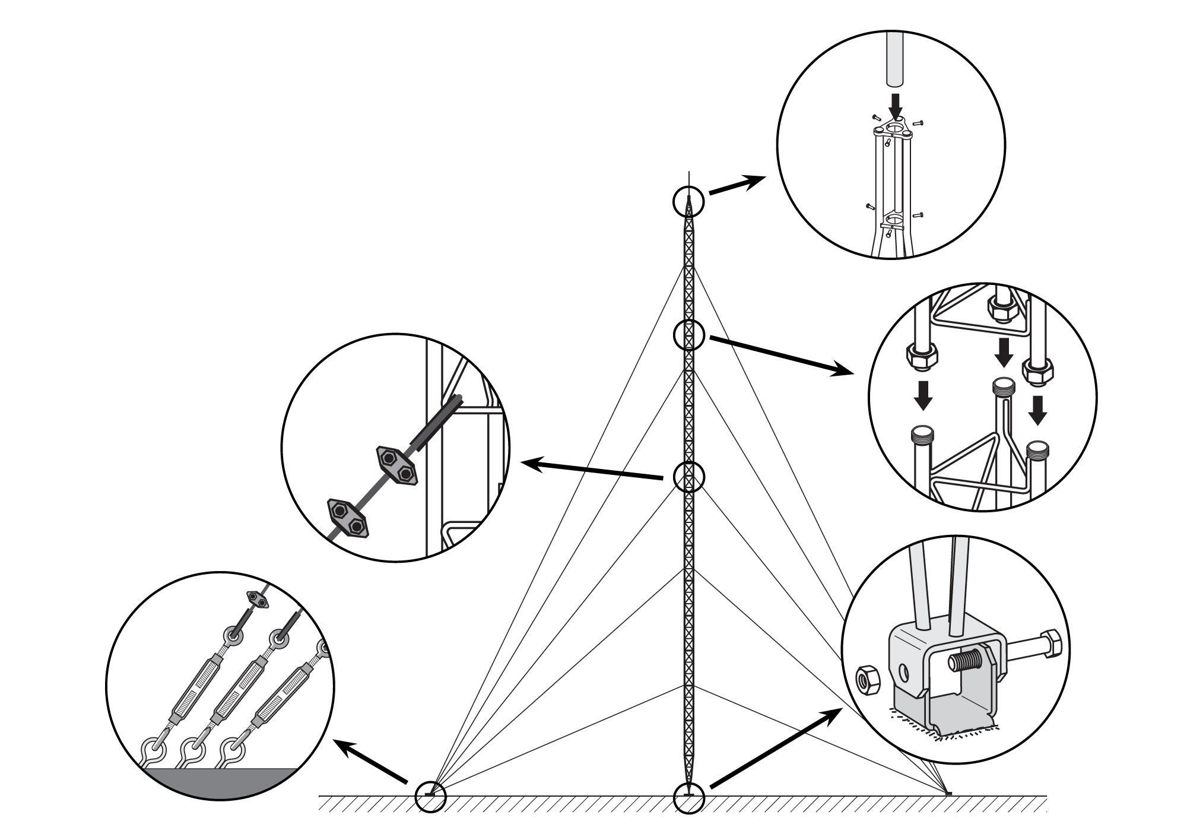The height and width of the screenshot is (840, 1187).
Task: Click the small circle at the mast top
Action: [688, 202]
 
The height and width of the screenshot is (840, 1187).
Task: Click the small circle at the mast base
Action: [689, 797]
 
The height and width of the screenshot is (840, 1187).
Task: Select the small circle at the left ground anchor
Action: [430, 797]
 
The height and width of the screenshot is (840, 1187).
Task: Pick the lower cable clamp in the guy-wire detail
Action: [348, 518]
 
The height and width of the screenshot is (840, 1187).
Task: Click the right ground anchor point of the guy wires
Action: [947, 794]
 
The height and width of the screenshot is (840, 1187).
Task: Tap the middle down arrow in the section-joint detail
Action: [1004, 352]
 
